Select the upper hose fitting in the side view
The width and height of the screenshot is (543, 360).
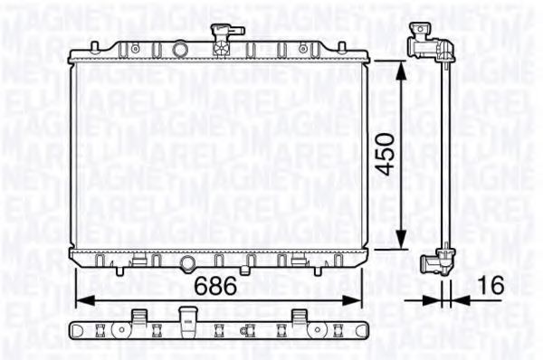tap(424, 40)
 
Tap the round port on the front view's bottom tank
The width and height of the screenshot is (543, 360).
tap(188, 263)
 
